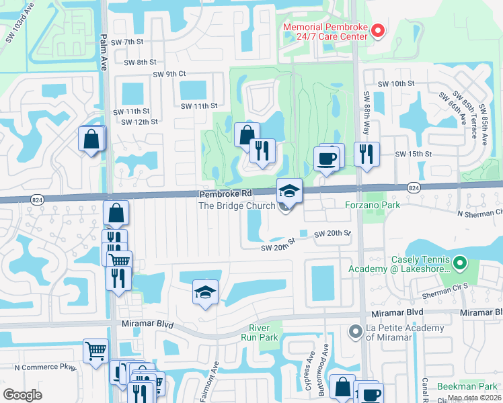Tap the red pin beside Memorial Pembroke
(377, 30)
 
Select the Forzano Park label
(372, 205)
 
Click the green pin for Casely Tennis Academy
(460, 263)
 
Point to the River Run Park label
(260, 332)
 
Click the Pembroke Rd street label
(224, 193)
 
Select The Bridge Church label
(236, 206)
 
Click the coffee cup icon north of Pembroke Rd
(327, 159)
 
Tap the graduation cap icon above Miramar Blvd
(206, 292)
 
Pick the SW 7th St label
(128, 42)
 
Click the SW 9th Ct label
(169, 74)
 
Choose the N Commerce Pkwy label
(46, 367)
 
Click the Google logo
(22, 394)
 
